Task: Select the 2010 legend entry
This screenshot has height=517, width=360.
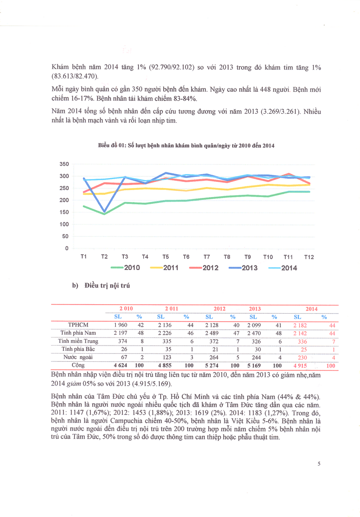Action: (x=126, y=268)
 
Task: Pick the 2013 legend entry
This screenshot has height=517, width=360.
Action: (x=243, y=268)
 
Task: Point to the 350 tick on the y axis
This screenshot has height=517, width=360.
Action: (x=63, y=164)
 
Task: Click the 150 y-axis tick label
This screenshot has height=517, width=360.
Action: (x=63, y=212)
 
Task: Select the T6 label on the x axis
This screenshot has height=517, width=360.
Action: (x=186, y=256)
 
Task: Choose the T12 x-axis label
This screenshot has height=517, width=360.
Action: (x=309, y=256)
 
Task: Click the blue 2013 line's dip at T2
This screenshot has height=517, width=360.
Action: (x=104, y=211)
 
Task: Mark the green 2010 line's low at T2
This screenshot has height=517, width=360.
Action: (x=104, y=214)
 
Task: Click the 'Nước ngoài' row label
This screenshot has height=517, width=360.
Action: (x=78, y=357)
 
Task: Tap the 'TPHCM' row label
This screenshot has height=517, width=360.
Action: (x=78, y=325)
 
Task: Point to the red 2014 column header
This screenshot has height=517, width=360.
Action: (x=311, y=309)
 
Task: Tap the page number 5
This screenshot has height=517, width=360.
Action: (x=319, y=465)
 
